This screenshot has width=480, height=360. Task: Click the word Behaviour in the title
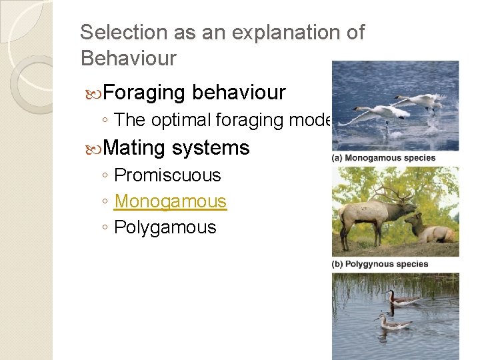128,58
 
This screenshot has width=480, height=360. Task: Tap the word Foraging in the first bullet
145,92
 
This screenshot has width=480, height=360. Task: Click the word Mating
135,147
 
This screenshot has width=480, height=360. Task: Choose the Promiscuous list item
167,175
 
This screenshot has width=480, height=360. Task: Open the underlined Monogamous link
171,201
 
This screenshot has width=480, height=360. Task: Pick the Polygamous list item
165,227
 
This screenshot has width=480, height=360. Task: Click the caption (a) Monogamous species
383,158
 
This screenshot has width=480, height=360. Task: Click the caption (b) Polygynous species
380,264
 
